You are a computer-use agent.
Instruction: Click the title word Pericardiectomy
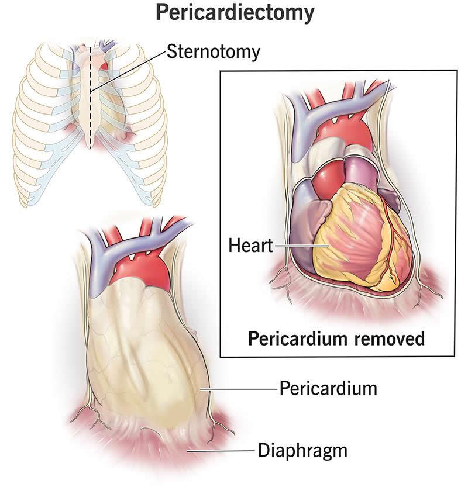tap(235, 13)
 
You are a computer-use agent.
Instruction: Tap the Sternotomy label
tap(214, 51)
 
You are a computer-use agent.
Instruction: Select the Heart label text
tap(250, 245)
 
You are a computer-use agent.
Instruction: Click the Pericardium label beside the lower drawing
tap(328, 388)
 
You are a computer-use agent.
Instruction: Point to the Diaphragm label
tap(303, 451)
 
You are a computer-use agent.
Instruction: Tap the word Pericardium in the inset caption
tap(297, 338)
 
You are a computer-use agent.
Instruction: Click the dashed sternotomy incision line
tap(91, 98)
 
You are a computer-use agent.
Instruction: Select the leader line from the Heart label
tap(301, 246)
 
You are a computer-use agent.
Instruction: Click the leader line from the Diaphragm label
tap(221, 451)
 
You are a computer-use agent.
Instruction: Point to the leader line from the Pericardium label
tap(239, 389)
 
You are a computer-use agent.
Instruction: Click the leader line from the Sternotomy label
tap(128, 71)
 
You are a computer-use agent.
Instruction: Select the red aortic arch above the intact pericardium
tap(142, 271)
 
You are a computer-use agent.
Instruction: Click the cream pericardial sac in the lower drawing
tap(145, 356)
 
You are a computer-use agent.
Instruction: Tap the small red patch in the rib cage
tap(104, 66)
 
